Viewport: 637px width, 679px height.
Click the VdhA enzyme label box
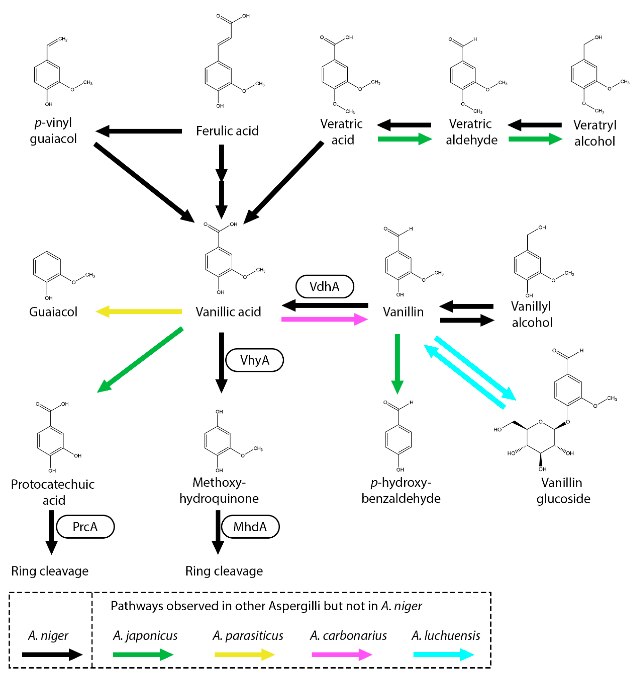point(324,287)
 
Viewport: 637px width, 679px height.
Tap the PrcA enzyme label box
point(85,527)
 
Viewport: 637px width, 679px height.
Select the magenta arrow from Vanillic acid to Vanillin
point(324,319)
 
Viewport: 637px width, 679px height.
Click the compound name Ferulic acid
point(227,131)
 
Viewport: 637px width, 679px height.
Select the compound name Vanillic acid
point(228,311)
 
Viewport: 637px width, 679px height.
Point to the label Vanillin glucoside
point(563,491)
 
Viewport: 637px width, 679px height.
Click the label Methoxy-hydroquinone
point(219,490)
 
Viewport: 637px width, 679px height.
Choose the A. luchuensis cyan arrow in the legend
point(444,655)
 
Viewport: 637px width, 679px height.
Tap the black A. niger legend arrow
point(52,655)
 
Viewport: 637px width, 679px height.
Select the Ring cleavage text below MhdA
point(224,571)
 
